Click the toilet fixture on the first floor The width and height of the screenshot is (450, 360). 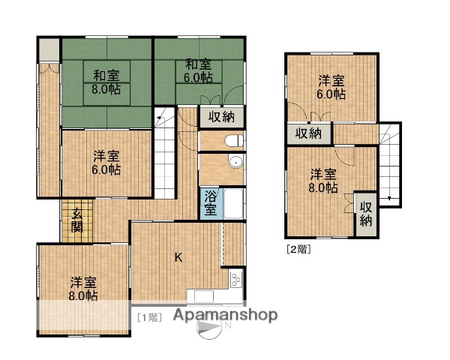[232, 140]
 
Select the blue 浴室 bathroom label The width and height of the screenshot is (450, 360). [211, 204]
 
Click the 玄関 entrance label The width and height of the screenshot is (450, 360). [77, 221]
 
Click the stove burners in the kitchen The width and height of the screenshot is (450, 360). [235, 280]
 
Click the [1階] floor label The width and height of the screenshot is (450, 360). [148, 316]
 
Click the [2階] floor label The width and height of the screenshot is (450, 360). [298, 249]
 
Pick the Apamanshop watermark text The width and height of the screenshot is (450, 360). [225, 316]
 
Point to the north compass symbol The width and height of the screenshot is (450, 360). [212, 327]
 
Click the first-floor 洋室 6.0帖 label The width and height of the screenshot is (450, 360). [106, 163]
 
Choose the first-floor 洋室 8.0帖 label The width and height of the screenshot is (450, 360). [84, 289]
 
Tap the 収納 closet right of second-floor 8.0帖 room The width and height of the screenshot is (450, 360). [366, 214]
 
